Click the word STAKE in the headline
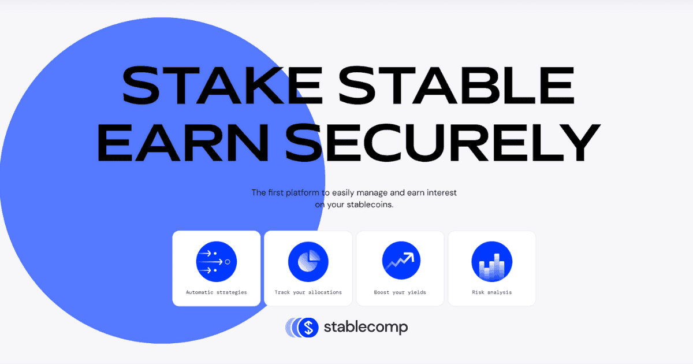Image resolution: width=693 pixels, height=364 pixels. click(222, 85)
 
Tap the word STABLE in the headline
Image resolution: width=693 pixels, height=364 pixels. click(457, 85)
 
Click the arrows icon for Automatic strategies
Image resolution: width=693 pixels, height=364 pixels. click(217, 262)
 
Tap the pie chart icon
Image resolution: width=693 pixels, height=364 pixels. click(308, 262)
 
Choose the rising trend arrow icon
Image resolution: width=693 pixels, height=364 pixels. click(401, 261)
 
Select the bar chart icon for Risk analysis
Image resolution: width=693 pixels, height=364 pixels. click(492, 262)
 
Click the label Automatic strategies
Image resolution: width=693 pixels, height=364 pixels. click(216, 292)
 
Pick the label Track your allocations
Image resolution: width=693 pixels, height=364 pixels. click(308, 292)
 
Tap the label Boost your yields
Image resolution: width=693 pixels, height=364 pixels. click(400, 292)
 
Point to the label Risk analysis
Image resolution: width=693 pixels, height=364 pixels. click(492, 292)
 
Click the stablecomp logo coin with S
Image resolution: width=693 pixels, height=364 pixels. click(308, 328)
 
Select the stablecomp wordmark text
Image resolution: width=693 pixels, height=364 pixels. click(366, 328)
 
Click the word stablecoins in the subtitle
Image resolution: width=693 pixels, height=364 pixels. click(370, 205)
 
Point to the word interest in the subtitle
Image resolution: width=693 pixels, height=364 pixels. click(442, 192)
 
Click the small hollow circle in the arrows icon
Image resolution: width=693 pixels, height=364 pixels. click(228, 262)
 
